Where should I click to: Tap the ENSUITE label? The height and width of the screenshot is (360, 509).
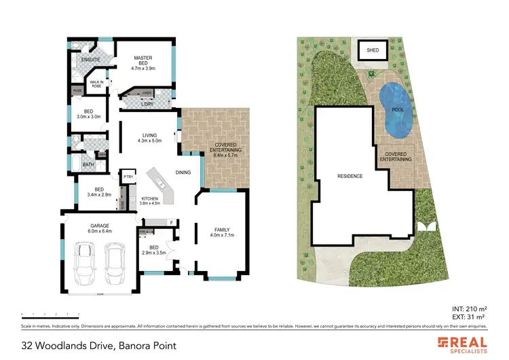point(91,60)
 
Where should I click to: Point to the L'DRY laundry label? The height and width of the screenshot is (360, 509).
point(145,104)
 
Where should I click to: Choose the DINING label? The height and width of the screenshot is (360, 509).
point(183,173)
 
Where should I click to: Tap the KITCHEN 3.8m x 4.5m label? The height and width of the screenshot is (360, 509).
point(149,200)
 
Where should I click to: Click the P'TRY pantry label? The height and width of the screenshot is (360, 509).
point(127,177)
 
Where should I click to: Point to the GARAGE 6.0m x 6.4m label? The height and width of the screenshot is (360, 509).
point(100,228)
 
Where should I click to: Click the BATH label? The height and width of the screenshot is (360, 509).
point(88,164)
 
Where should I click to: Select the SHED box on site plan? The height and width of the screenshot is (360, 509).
point(373,50)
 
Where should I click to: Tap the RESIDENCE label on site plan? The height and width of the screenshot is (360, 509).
point(351,176)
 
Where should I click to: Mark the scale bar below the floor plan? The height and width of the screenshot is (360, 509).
point(51,314)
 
